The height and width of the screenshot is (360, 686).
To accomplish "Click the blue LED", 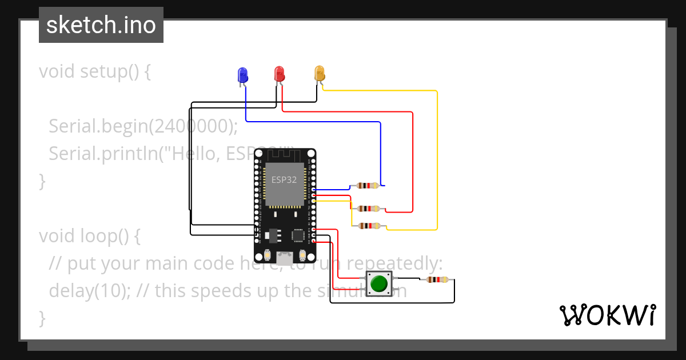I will [x=242, y=75].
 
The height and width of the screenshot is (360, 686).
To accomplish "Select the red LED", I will [x=279, y=74].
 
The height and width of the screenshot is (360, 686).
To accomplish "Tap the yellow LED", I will [x=319, y=73].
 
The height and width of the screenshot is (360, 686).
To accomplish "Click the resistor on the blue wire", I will [x=366, y=186].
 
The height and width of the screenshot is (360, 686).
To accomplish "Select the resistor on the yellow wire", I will [x=369, y=226].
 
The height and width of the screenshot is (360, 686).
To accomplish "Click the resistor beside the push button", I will [x=437, y=279].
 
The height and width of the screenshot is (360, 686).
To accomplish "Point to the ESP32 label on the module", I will [x=284, y=179].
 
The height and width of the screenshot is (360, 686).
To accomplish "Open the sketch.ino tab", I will [x=101, y=25].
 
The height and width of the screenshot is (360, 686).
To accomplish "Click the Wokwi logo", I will [x=607, y=315].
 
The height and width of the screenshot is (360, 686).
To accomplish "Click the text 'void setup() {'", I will [x=94, y=72].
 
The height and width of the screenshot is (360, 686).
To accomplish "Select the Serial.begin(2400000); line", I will [x=143, y=126].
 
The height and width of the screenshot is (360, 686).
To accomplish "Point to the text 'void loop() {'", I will [x=89, y=235].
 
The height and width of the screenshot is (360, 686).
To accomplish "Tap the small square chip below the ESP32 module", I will [x=298, y=235].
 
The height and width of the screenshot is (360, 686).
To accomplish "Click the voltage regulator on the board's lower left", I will [x=273, y=234].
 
